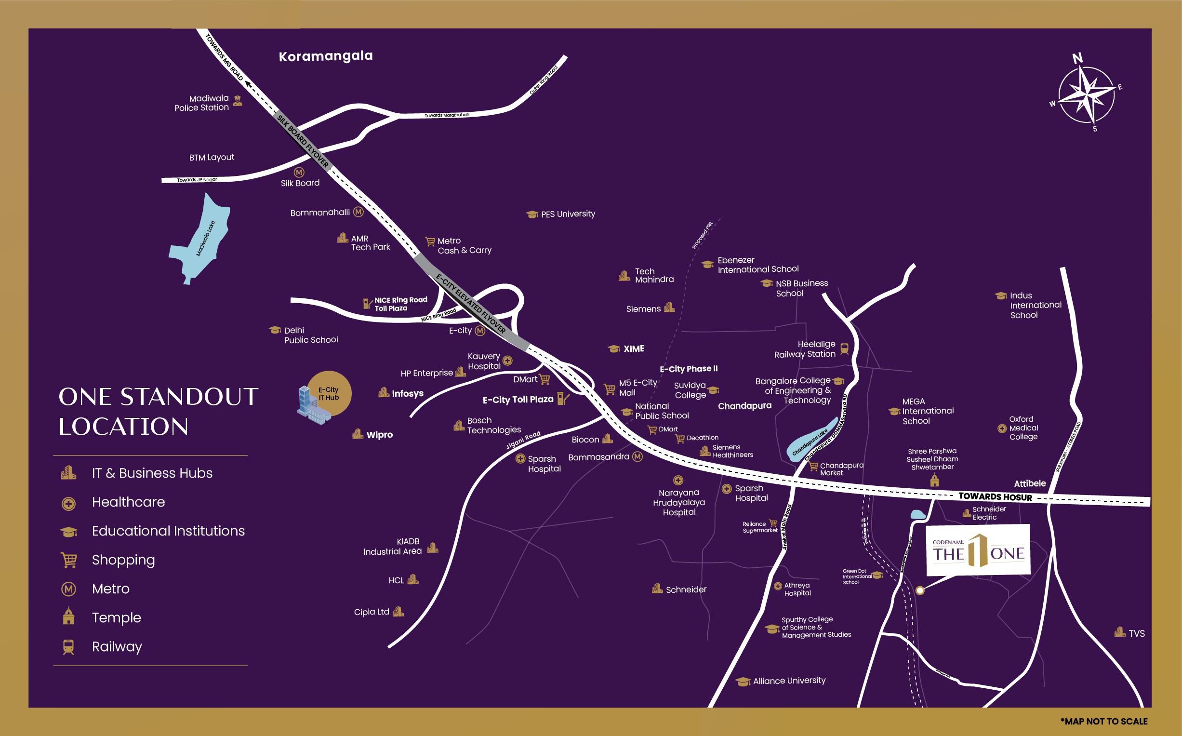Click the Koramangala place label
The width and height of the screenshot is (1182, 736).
(326, 56)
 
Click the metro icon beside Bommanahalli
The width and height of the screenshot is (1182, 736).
(359, 212)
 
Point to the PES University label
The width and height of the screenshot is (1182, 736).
(568, 214)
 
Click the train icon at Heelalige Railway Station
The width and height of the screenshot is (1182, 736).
(844, 348)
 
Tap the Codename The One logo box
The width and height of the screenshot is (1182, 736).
(978, 549)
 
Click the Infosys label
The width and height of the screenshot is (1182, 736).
(407, 393)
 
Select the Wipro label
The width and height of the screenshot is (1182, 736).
(379, 435)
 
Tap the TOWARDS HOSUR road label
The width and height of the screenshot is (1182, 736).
(995, 497)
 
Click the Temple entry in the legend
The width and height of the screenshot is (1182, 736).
(116, 618)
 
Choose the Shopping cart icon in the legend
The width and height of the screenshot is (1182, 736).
(68, 560)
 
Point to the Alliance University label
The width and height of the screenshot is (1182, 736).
(789, 681)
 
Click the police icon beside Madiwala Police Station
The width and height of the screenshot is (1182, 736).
(238, 101)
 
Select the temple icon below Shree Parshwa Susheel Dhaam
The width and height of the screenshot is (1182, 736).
(934, 481)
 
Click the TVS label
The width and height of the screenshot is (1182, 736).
(1136, 633)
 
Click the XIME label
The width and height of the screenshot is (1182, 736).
(634, 348)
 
